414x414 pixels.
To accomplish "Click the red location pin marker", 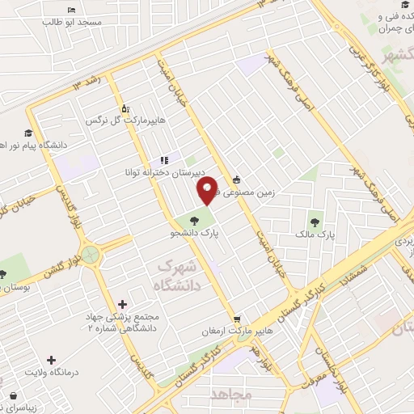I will click(x=208, y=190).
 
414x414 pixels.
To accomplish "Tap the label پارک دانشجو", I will click(x=195, y=234).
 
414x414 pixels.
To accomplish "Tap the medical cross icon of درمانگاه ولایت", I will click(x=51, y=360).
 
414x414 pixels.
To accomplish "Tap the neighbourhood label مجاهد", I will click(x=232, y=394).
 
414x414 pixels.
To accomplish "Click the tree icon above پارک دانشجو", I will click(x=194, y=218).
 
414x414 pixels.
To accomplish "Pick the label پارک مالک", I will click(x=315, y=234).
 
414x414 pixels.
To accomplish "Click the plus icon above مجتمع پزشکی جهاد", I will click(x=122, y=304).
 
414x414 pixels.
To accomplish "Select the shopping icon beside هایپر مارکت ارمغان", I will click(x=235, y=319).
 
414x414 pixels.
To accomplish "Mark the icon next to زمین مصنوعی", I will click(x=236, y=180).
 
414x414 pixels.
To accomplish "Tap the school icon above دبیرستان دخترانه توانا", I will click(x=164, y=160).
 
